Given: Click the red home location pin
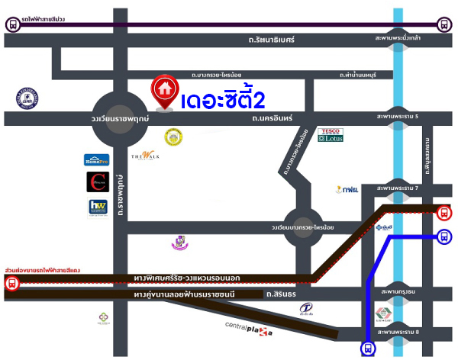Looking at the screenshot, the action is click(163, 91).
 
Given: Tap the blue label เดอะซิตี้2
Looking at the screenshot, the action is click(224, 101).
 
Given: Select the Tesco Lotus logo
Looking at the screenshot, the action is click(331, 135).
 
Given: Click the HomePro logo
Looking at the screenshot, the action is click(97, 159).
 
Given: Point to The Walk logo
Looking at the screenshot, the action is click(145, 156).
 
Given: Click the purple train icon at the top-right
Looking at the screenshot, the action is click(444, 25).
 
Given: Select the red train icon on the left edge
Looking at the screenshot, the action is click(11, 284).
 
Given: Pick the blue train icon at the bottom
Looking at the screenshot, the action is click(369, 349).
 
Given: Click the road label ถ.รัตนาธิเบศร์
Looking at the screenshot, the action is click(271, 38).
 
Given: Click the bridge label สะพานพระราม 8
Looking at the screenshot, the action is click(398, 333).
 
